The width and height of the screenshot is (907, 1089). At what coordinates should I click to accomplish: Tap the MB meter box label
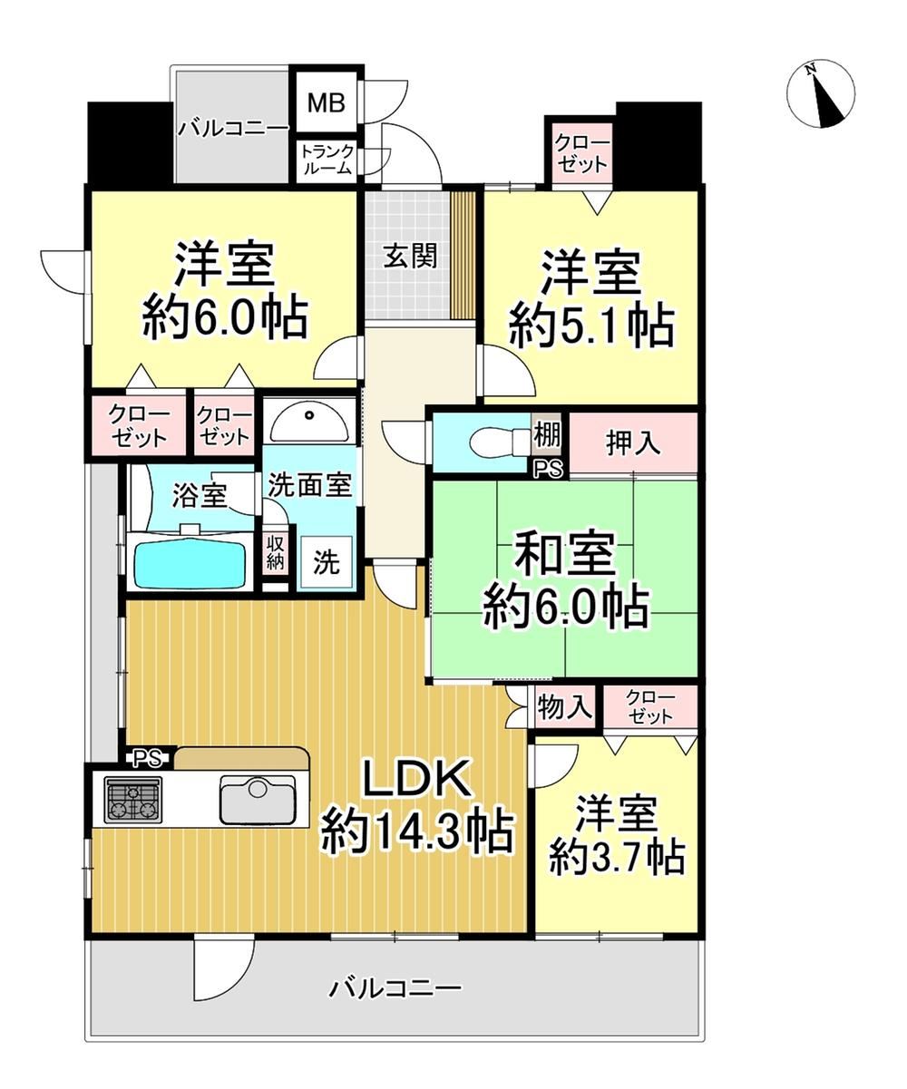(x=327, y=102)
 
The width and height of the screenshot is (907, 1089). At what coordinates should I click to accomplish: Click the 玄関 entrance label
(x=410, y=256)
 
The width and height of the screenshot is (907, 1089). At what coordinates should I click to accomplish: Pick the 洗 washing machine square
(x=327, y=563)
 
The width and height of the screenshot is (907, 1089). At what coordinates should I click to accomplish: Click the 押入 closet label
(x=633, y=443)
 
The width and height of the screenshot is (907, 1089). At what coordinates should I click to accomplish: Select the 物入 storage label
(x=565, y=708)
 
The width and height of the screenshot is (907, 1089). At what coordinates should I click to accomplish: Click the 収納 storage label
(x=275, y=552)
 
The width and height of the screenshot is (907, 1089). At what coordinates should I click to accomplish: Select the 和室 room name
(x=563, y=554)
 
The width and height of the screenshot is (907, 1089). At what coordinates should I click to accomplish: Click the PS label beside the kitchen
(x=148, y=759)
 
